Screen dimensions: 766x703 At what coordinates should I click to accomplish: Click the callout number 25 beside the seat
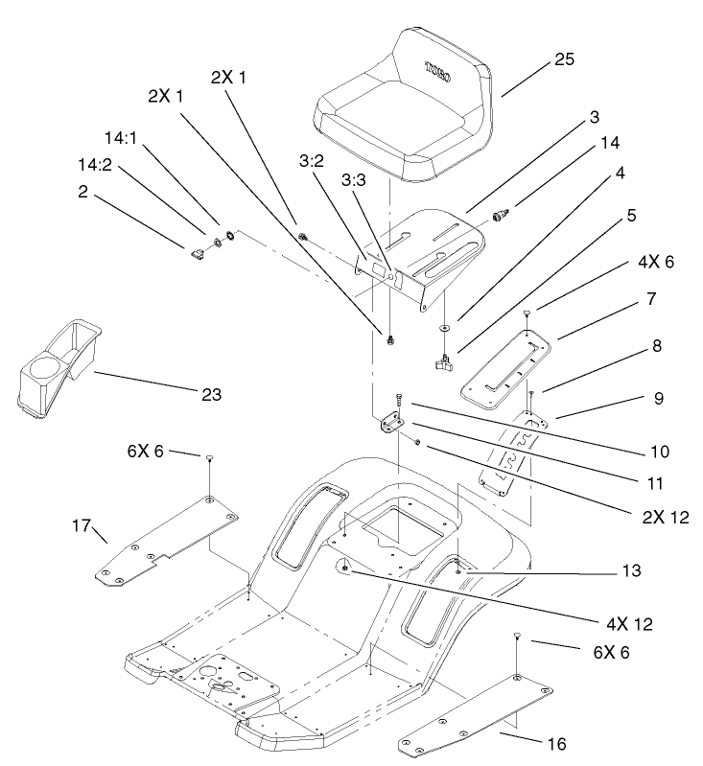564,59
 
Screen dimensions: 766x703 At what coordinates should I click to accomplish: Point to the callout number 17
82,526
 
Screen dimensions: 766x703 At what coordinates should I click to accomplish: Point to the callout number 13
630,570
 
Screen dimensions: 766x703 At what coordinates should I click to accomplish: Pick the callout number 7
651,299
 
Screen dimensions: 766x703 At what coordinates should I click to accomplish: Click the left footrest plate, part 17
163,542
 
